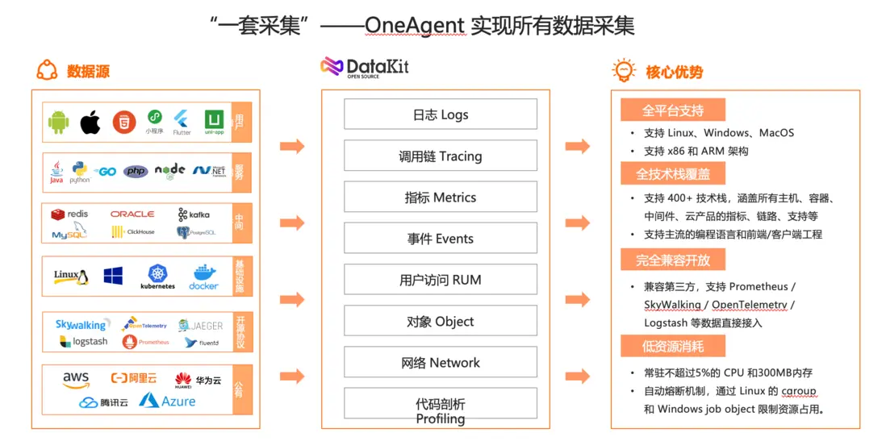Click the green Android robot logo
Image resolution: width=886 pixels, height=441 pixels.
pos(58,123)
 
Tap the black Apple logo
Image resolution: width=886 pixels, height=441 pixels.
pos(90,123)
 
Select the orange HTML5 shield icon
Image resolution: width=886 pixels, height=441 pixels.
pos(123,122)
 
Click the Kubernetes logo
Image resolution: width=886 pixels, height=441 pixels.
pos(157,277)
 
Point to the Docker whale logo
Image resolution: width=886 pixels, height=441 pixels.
pos(203,277)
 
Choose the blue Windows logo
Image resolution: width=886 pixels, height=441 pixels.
pos(113,276)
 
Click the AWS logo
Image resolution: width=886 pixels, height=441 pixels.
pos(76,378)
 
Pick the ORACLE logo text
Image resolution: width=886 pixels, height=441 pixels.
pos(132,214)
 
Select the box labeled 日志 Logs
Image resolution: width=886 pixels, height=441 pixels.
pos(440,114)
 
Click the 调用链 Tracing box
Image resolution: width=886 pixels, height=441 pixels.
pos(440,156)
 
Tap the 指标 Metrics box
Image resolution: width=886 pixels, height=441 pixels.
pos(440,198)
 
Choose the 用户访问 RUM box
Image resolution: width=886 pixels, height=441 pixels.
pos(440,280)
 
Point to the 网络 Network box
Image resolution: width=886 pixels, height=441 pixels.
pos(440,363)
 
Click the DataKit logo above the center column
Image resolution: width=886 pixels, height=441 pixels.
pos(365,67)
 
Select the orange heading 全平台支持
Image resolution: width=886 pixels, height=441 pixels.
pos(672,110)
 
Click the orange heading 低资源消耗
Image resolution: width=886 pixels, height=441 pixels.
pos(672,346)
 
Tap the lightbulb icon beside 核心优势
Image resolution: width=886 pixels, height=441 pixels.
pos(624,70)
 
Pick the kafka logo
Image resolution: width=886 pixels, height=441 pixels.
pos(194,214)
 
